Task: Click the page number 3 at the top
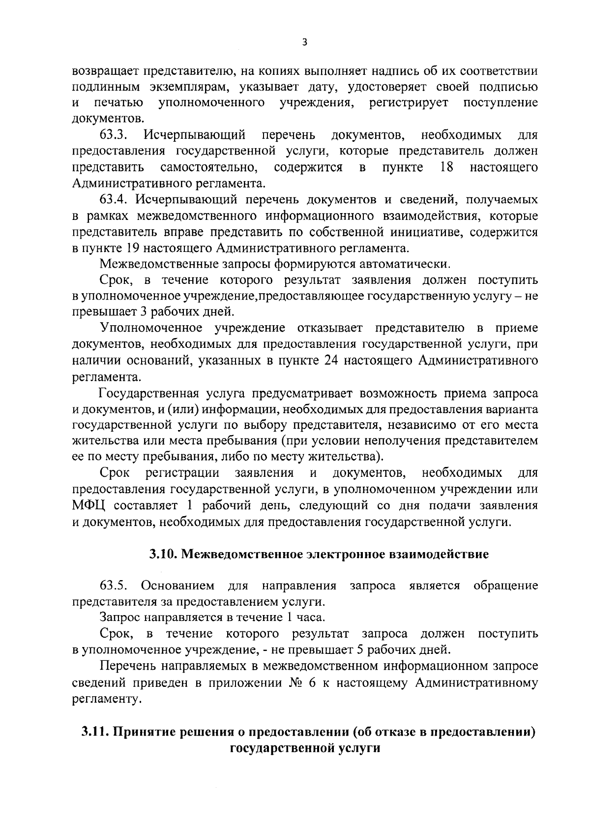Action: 304,43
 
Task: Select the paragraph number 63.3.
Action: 114,135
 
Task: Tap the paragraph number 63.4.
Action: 114,200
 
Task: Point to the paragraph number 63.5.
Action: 114,586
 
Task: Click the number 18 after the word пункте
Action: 446,167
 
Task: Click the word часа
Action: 311,618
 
